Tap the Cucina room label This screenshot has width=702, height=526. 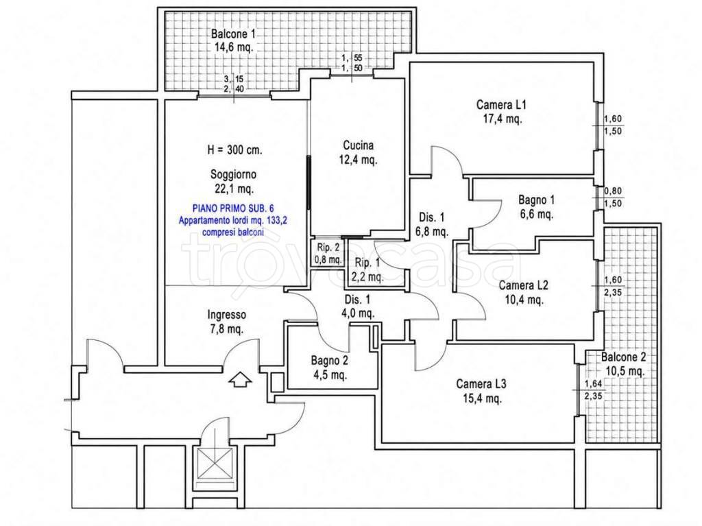click(358, 152)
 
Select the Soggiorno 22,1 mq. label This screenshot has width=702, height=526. click(233, 182)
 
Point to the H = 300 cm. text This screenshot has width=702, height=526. click(234, 150)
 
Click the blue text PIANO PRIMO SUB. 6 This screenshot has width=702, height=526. click(233, 208)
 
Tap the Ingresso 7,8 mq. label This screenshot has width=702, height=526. click(226, 322)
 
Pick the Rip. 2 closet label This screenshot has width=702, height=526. click(328, 253)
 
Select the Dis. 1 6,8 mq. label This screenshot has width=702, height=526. click(432, 224)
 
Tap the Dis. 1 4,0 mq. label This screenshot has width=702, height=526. click(358, 307)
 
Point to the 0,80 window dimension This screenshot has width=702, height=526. click(613, 191)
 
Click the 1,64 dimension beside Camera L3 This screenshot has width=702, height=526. click(593, 383)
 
